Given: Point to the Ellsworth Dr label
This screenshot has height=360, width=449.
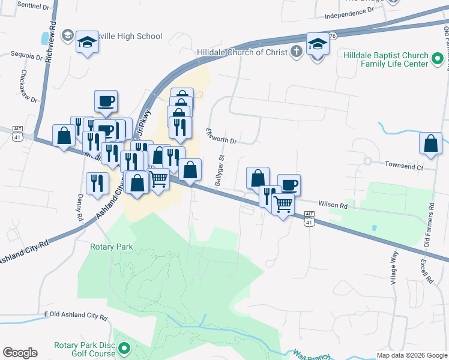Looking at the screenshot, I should click(221, 136).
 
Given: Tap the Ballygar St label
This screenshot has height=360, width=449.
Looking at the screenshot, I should click(220, 171).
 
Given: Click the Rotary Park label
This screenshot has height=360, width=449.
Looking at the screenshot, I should click(111, 247).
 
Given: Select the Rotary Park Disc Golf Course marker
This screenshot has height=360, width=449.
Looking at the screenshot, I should click(124, 347).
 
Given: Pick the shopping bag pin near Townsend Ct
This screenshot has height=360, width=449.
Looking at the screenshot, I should click(430, 144).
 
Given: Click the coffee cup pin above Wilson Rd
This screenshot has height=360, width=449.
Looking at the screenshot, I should click(289, 185).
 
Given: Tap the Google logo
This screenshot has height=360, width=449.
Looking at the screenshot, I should click(20, 353).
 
